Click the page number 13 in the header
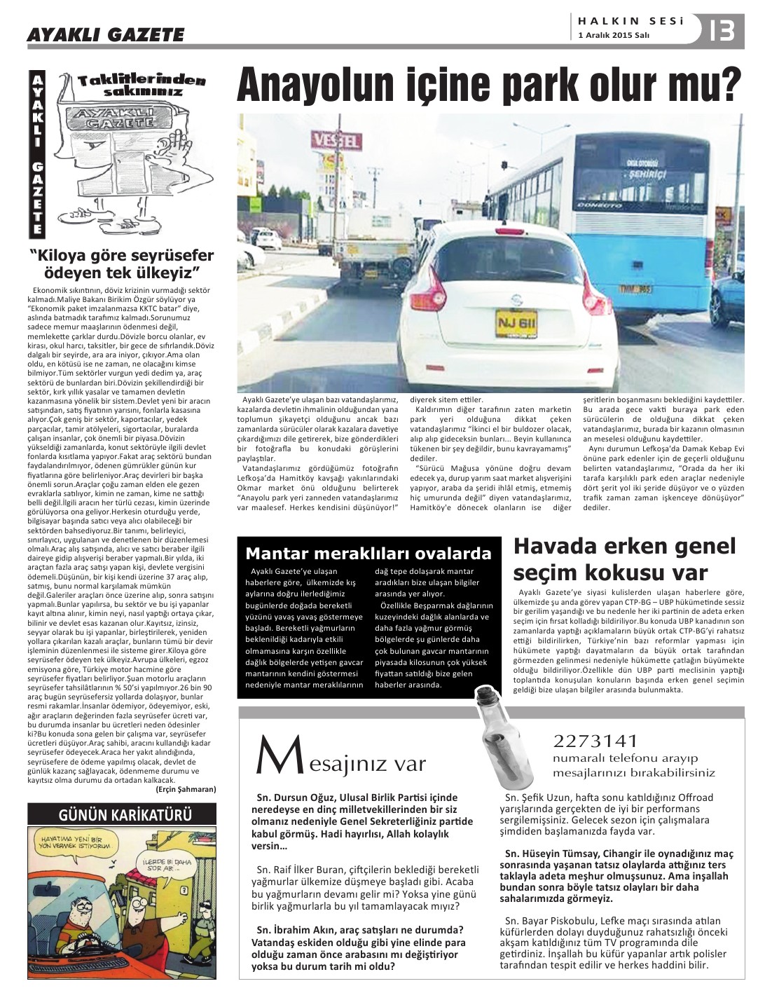722,32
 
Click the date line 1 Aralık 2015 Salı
614,36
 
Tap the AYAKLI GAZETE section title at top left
105,34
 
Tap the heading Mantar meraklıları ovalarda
368,554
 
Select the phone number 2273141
595,741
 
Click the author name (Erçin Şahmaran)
185,788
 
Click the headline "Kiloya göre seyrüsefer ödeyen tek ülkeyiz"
121,263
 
